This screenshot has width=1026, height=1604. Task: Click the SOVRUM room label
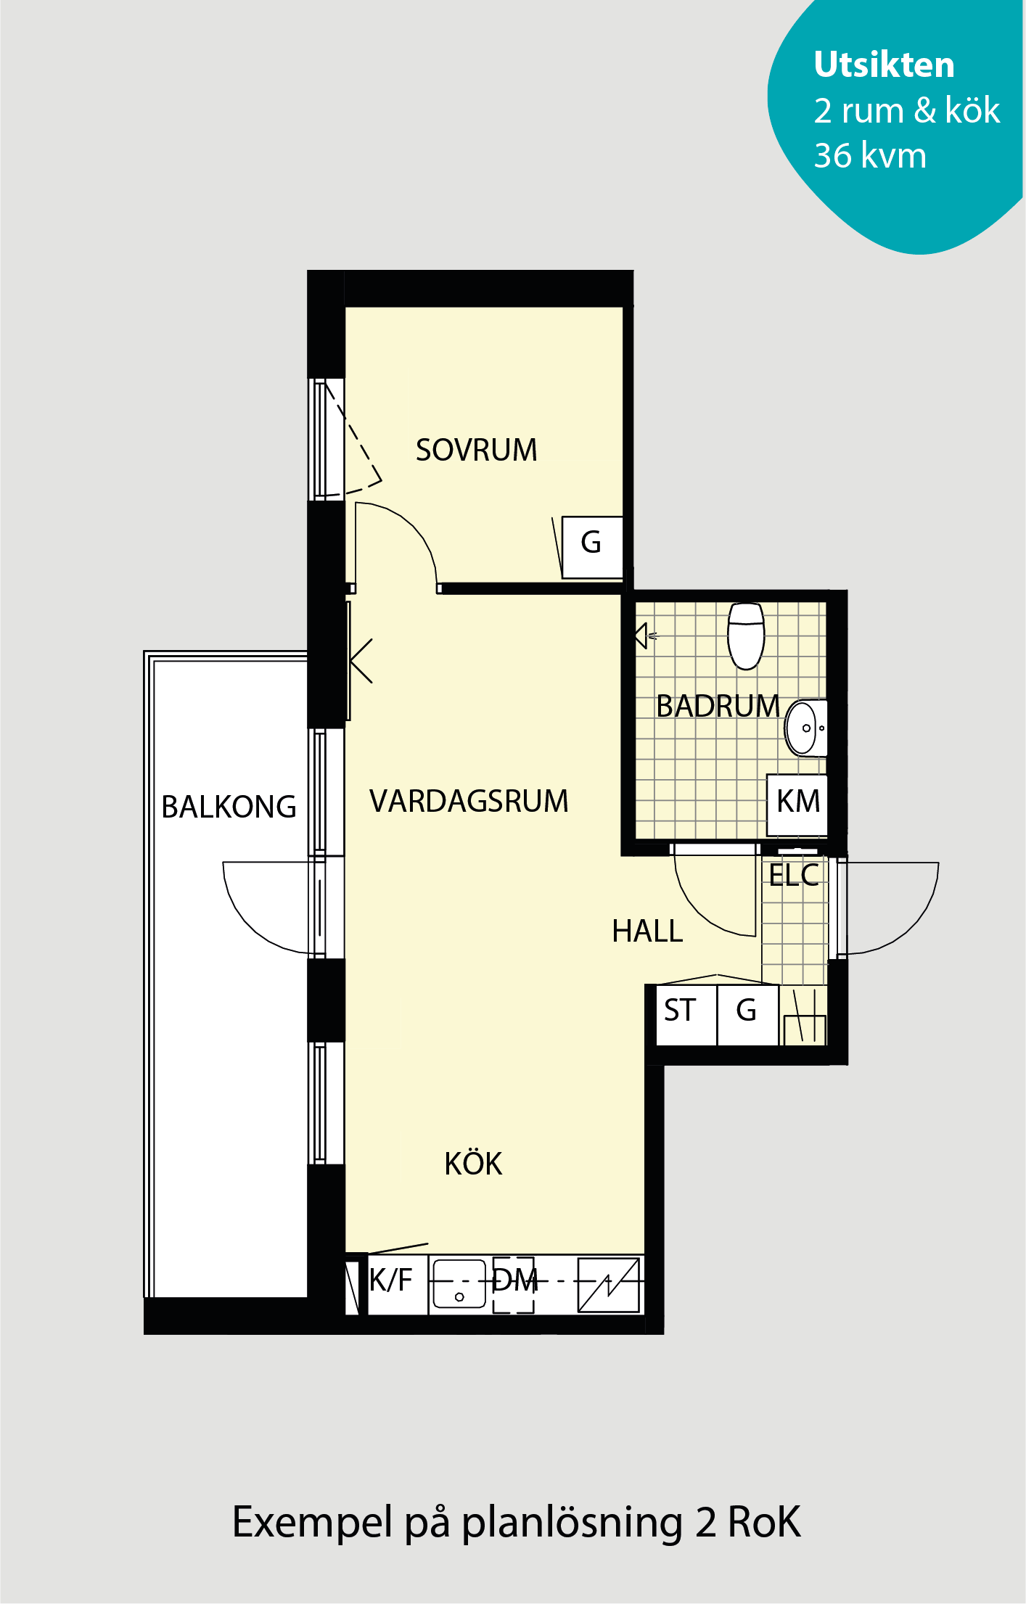476,450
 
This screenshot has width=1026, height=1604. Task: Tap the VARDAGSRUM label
469,801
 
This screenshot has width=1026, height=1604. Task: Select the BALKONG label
229,807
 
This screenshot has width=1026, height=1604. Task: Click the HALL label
647,931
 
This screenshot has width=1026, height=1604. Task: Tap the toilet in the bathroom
746,636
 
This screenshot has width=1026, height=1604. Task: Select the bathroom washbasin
805,728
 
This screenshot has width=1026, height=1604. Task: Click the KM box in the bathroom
797,805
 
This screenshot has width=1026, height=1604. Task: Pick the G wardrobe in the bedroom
592,547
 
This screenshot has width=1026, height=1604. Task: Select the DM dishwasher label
515,1281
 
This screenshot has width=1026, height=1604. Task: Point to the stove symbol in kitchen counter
609,1286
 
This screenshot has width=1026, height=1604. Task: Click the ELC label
794,876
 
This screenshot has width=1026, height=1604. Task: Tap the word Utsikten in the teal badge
884,65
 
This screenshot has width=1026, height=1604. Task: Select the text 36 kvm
870,155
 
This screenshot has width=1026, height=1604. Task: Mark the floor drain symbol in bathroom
645,636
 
